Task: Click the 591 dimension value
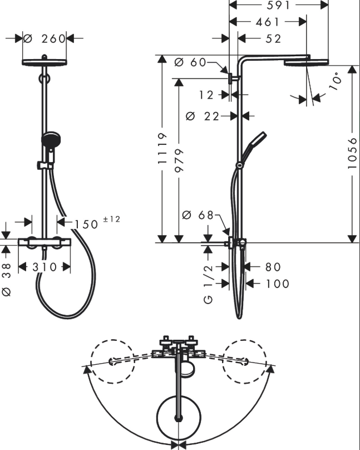point(278,5)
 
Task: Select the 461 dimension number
point(267,22)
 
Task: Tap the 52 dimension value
point(273,38)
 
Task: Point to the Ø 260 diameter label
point(45,38)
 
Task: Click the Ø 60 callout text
point(190,62)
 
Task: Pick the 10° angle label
point(336,81)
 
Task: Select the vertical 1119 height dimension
point(162,148)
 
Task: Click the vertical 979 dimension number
point(179,160)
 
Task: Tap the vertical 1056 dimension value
point(352,153)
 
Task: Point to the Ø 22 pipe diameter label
point(203,116)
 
